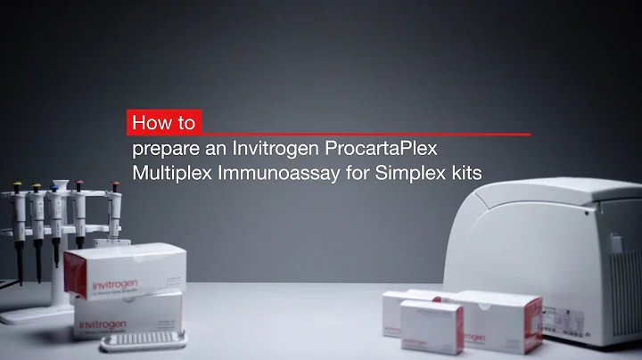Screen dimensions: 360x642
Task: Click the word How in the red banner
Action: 150,121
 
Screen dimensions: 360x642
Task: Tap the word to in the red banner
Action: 185,122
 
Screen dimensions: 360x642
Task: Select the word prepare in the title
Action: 163,147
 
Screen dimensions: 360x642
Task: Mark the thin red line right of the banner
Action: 366,135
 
